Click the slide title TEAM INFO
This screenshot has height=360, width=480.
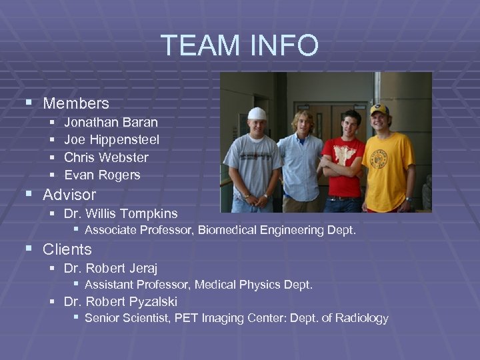point(240,45)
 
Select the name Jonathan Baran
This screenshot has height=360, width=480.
point(111,122)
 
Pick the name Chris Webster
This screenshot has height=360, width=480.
point(106,157)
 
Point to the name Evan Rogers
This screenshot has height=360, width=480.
point(102,175)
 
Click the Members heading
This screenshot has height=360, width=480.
point(76,103)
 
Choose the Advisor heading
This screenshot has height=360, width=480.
point(69,195)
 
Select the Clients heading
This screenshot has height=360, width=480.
point(67,249)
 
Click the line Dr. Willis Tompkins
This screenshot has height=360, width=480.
point(121,214)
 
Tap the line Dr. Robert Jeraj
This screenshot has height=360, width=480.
point(111,267)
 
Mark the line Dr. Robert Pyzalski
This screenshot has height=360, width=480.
point(121,301)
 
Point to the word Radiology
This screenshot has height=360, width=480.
point(361,318)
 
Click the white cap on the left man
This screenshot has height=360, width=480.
point(257,113)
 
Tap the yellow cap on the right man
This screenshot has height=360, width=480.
point(379,109)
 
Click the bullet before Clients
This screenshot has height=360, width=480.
point(28,249)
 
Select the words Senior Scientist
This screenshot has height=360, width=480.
point(127,318)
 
